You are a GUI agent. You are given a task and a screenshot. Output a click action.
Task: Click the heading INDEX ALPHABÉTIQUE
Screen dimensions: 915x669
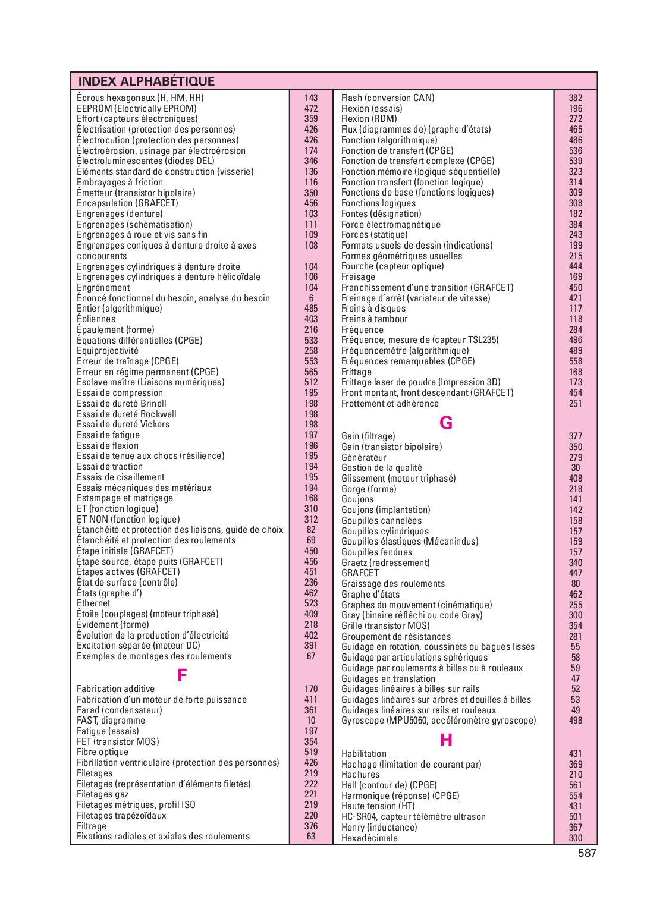click(x=146, y=81)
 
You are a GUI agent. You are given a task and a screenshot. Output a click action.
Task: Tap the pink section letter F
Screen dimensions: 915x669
click(x=182, y=675)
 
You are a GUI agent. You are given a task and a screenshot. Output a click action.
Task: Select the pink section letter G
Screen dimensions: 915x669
click(x=446, y=423)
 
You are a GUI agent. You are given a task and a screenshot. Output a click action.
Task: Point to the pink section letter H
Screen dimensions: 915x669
click(x=446, y=740)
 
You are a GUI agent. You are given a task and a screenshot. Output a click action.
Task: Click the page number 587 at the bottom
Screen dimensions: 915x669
click(x=586, y=853)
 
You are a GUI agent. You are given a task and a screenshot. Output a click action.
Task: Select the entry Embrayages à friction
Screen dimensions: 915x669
click(x=120, y=183)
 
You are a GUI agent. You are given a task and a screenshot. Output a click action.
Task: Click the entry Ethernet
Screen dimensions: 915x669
click(x=93, y=603)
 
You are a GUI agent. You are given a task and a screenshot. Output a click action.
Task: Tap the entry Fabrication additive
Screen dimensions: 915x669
click(x=115, y=689)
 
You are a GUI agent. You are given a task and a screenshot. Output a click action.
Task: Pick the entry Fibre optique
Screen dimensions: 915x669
click(x=102, y=752)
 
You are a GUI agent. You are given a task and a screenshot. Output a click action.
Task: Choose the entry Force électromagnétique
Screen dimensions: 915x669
click(x=391, y=225)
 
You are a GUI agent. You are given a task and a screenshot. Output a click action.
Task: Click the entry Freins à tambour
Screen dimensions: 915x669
click(x=374, y=319)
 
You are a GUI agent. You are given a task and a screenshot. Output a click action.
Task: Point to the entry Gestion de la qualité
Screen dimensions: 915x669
click(x=381, y=468)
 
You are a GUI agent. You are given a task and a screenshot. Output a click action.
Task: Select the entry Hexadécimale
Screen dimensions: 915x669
click(x=369, y=838)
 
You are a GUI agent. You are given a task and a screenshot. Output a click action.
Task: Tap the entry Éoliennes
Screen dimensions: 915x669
click(x=96, y=319)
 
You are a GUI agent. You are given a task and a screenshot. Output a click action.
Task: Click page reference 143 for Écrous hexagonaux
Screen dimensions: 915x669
click(x=311, y=98)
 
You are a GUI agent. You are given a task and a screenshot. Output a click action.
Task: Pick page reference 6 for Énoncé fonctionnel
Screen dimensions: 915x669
click(x=311, y=298)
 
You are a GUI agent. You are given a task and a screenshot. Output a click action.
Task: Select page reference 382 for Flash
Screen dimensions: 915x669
click(x=575, y=98)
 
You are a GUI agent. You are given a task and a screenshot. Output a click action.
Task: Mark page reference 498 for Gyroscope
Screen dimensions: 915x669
click(x=575, y=721)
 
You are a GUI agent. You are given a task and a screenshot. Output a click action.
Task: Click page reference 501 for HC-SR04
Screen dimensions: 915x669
click(x=575, y=817)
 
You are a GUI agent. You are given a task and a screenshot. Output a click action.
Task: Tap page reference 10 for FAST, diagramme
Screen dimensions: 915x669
click(x=311, y=721)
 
